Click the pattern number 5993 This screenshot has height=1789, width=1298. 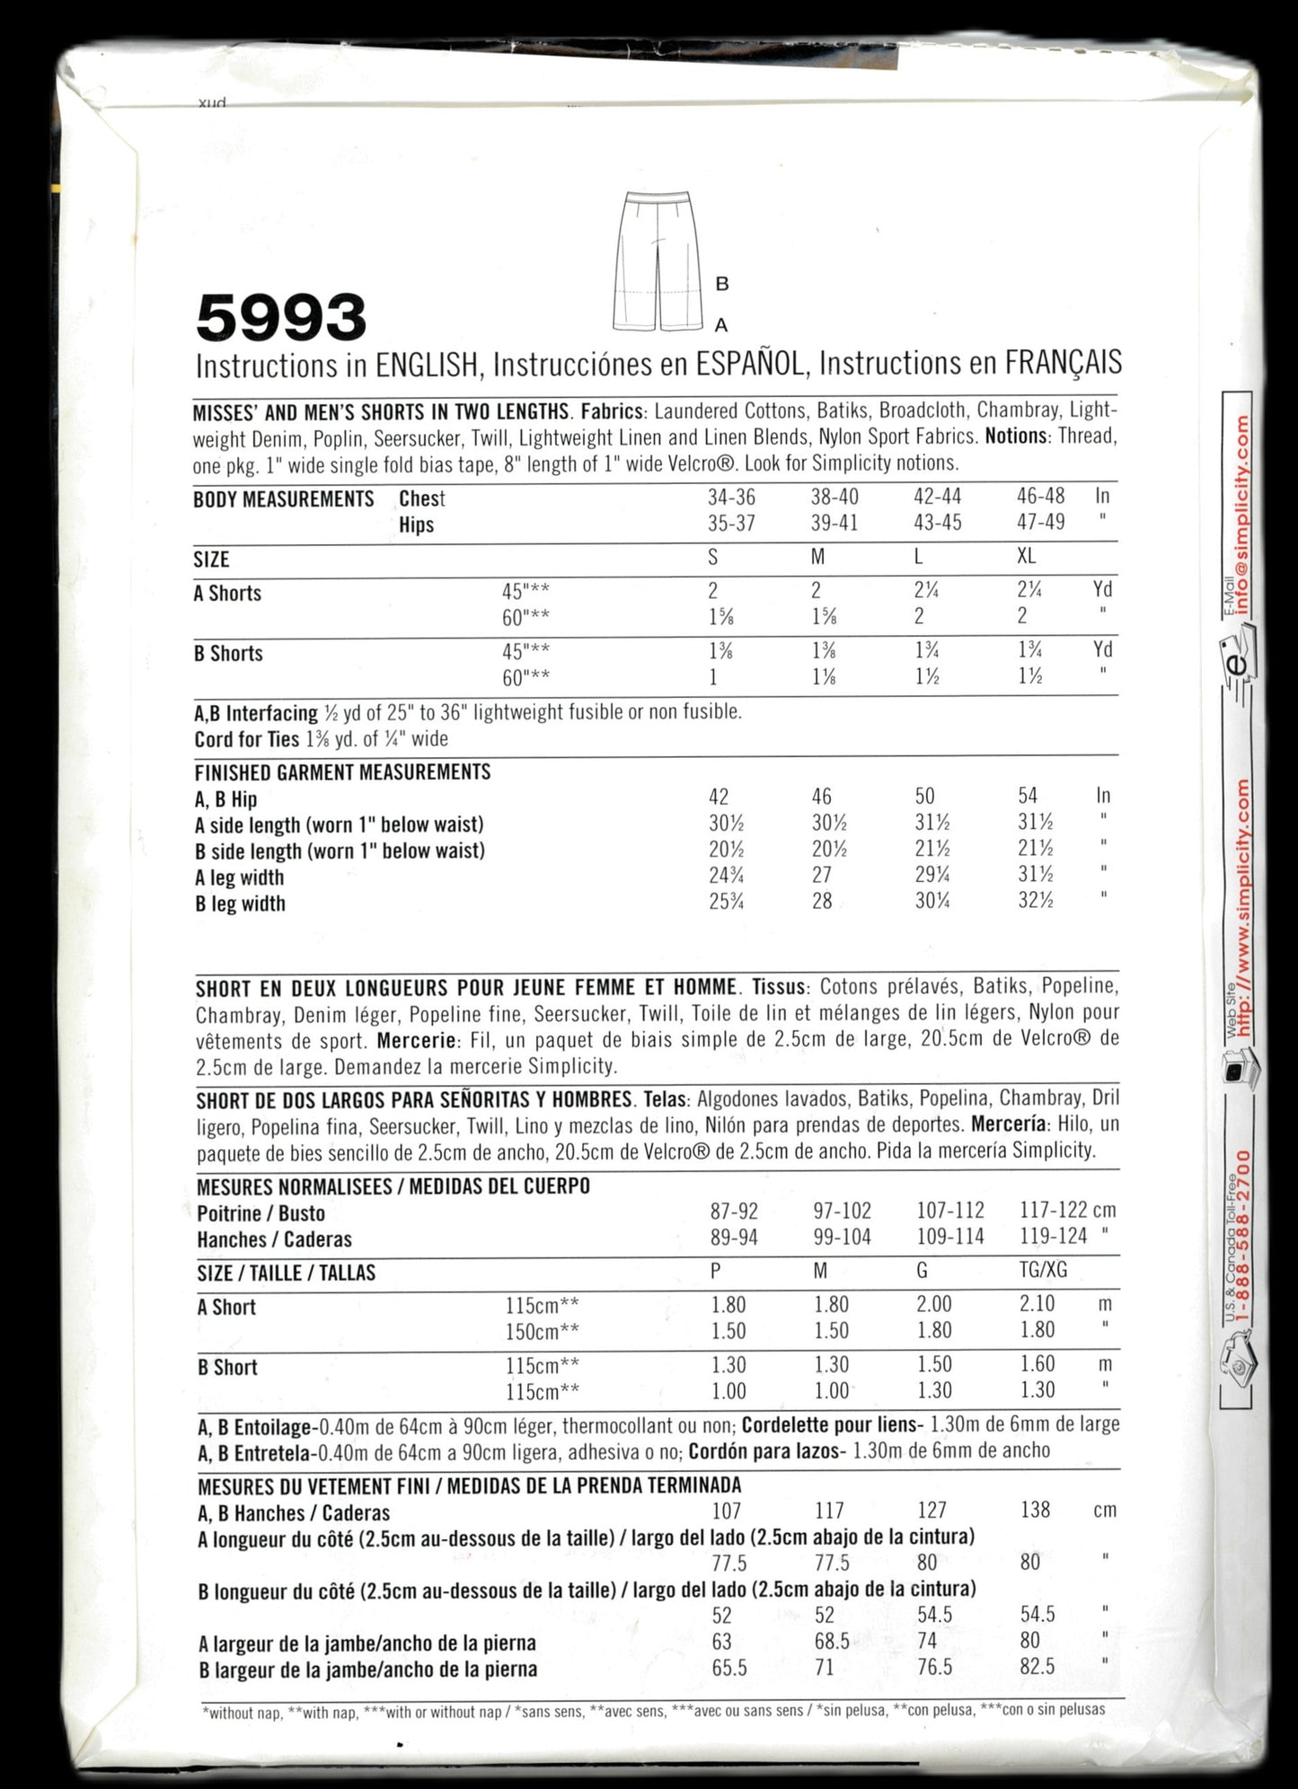pyautogui.click(x=281, y=318)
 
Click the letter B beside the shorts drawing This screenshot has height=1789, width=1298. pyautogui.click(x=721, y=284)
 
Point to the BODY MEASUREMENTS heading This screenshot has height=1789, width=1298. pyautogui.click(x=284, y=499)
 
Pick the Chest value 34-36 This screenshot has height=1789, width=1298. pyautogui.click(x=731, y=497)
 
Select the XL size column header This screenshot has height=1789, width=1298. pyautogui.click(x=1026, y=557)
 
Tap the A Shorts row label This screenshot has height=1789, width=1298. pyautogui.click(x=227, y=594)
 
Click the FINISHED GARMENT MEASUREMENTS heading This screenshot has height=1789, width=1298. pyautogui.click(x=342, y=772)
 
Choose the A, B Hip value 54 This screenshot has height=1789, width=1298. pyautogui.click(x=1028, y=796)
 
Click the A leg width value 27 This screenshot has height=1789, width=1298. pyautogui.click(x=821, y=876)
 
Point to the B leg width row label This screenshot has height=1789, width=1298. pyautogui.click(x=240, y=903)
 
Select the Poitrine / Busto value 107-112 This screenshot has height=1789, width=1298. pyautogui.click(x=950, y=1211)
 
